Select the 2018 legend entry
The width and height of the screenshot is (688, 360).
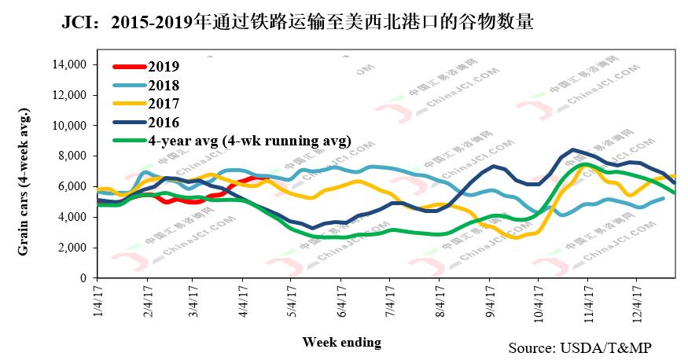point(164,86)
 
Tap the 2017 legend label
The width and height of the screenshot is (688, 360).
point(164,104)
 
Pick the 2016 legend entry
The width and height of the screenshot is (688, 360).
point(164,122)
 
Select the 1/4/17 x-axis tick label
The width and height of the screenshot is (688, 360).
point(97,302)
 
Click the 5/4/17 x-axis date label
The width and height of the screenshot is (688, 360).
point(291,302)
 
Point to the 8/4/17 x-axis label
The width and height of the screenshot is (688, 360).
point(439,302)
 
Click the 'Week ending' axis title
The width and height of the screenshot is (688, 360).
point(341,342)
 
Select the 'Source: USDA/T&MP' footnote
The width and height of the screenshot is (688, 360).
point(580,347)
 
